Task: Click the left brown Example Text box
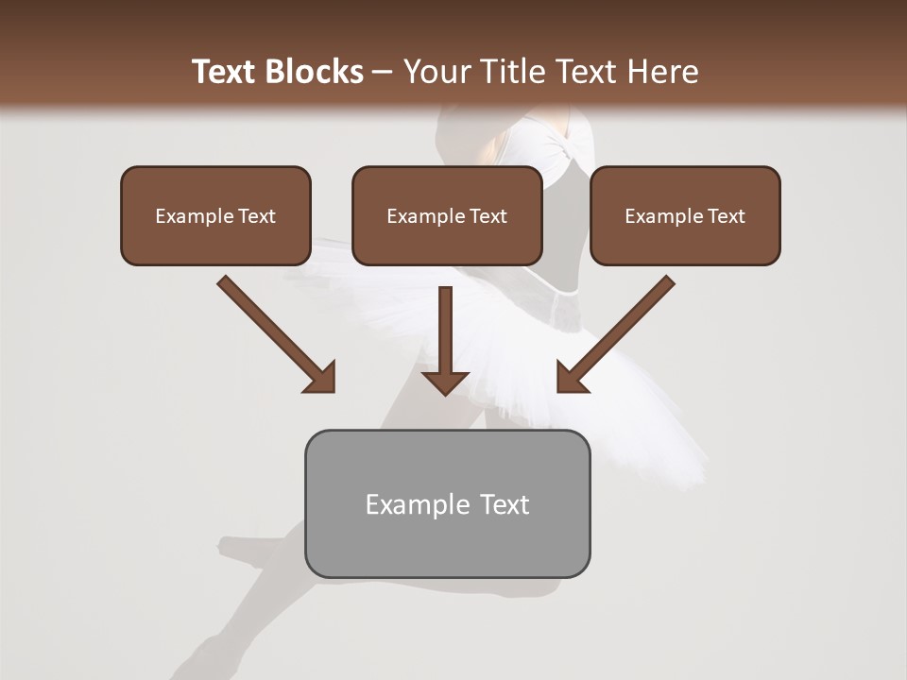click(x=215, y=216)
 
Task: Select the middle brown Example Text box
click(x=447, y=216)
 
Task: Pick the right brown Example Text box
click(x=685, y=216)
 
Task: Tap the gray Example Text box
click(x=447, y=503)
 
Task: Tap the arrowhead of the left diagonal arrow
click(x=321, y=378)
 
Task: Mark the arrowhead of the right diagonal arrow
click(x=571, y=378)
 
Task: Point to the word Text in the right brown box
click(x=726, y=216)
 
